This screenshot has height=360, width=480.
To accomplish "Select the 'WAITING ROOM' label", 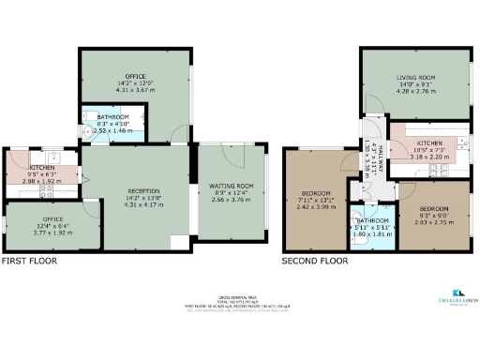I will [x=232, y=185].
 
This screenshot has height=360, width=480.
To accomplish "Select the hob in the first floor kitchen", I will [x=46, y=189].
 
